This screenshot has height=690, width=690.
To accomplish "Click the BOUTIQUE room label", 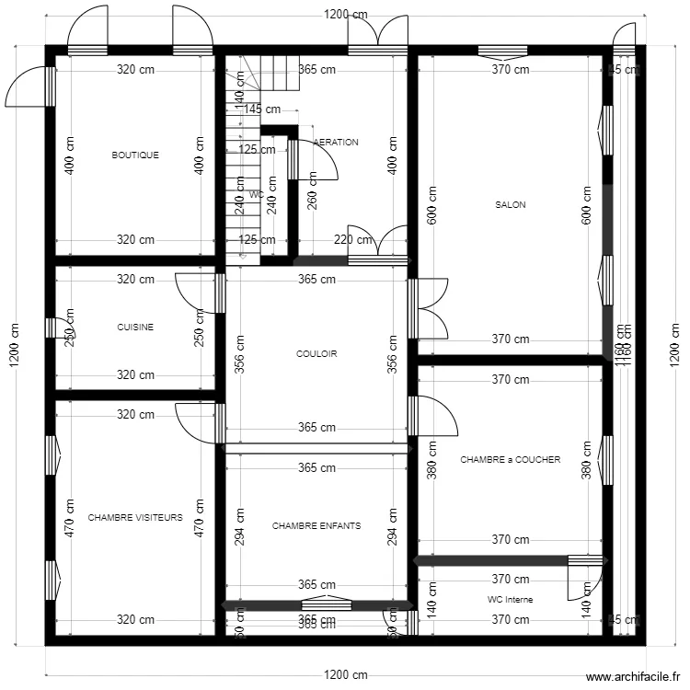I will [x=135, y=155].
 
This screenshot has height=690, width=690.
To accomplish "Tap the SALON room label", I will [x=510, y=205].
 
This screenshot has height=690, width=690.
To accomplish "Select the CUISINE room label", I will [x=135, y=327].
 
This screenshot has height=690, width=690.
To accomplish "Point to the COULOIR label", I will [x=316, y=353].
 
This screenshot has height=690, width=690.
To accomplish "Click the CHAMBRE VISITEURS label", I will [x=135, y=518].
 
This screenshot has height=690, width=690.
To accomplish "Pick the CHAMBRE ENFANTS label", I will [x=316, y=526].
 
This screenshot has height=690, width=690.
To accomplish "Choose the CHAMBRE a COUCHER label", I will [x=510, y=460].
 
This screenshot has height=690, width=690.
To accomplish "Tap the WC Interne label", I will [x=510, y=599].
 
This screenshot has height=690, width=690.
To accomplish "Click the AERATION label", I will [x=336, y=143].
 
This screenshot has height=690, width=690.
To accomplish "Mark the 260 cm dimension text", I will [x=312, y=191].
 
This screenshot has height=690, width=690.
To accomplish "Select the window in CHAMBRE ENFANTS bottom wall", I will [x=326, y=604].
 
